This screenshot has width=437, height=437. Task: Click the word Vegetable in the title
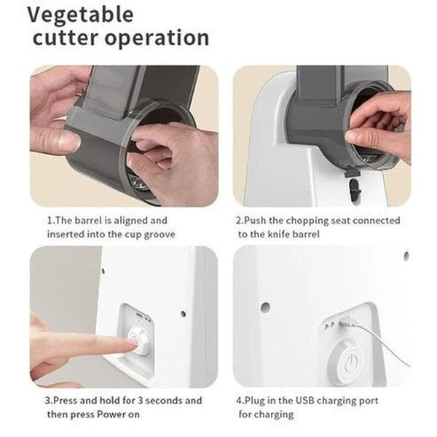click(81, 15)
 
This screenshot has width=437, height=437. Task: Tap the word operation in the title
click(157, 39)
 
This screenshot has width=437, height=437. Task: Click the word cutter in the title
click(66, 38)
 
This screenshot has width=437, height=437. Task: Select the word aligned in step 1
click(130, 221)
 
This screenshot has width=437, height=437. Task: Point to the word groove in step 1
click(160, 235)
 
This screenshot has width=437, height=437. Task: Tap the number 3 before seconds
click(141, 401)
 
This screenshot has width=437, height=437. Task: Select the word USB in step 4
click(305, 401)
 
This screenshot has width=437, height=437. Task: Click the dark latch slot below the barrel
click(355, 189)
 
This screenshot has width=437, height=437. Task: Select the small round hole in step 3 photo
click(183, 314)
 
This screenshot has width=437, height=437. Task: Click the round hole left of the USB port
click(265, 307)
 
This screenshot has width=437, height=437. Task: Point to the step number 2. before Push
click(240, 221)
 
